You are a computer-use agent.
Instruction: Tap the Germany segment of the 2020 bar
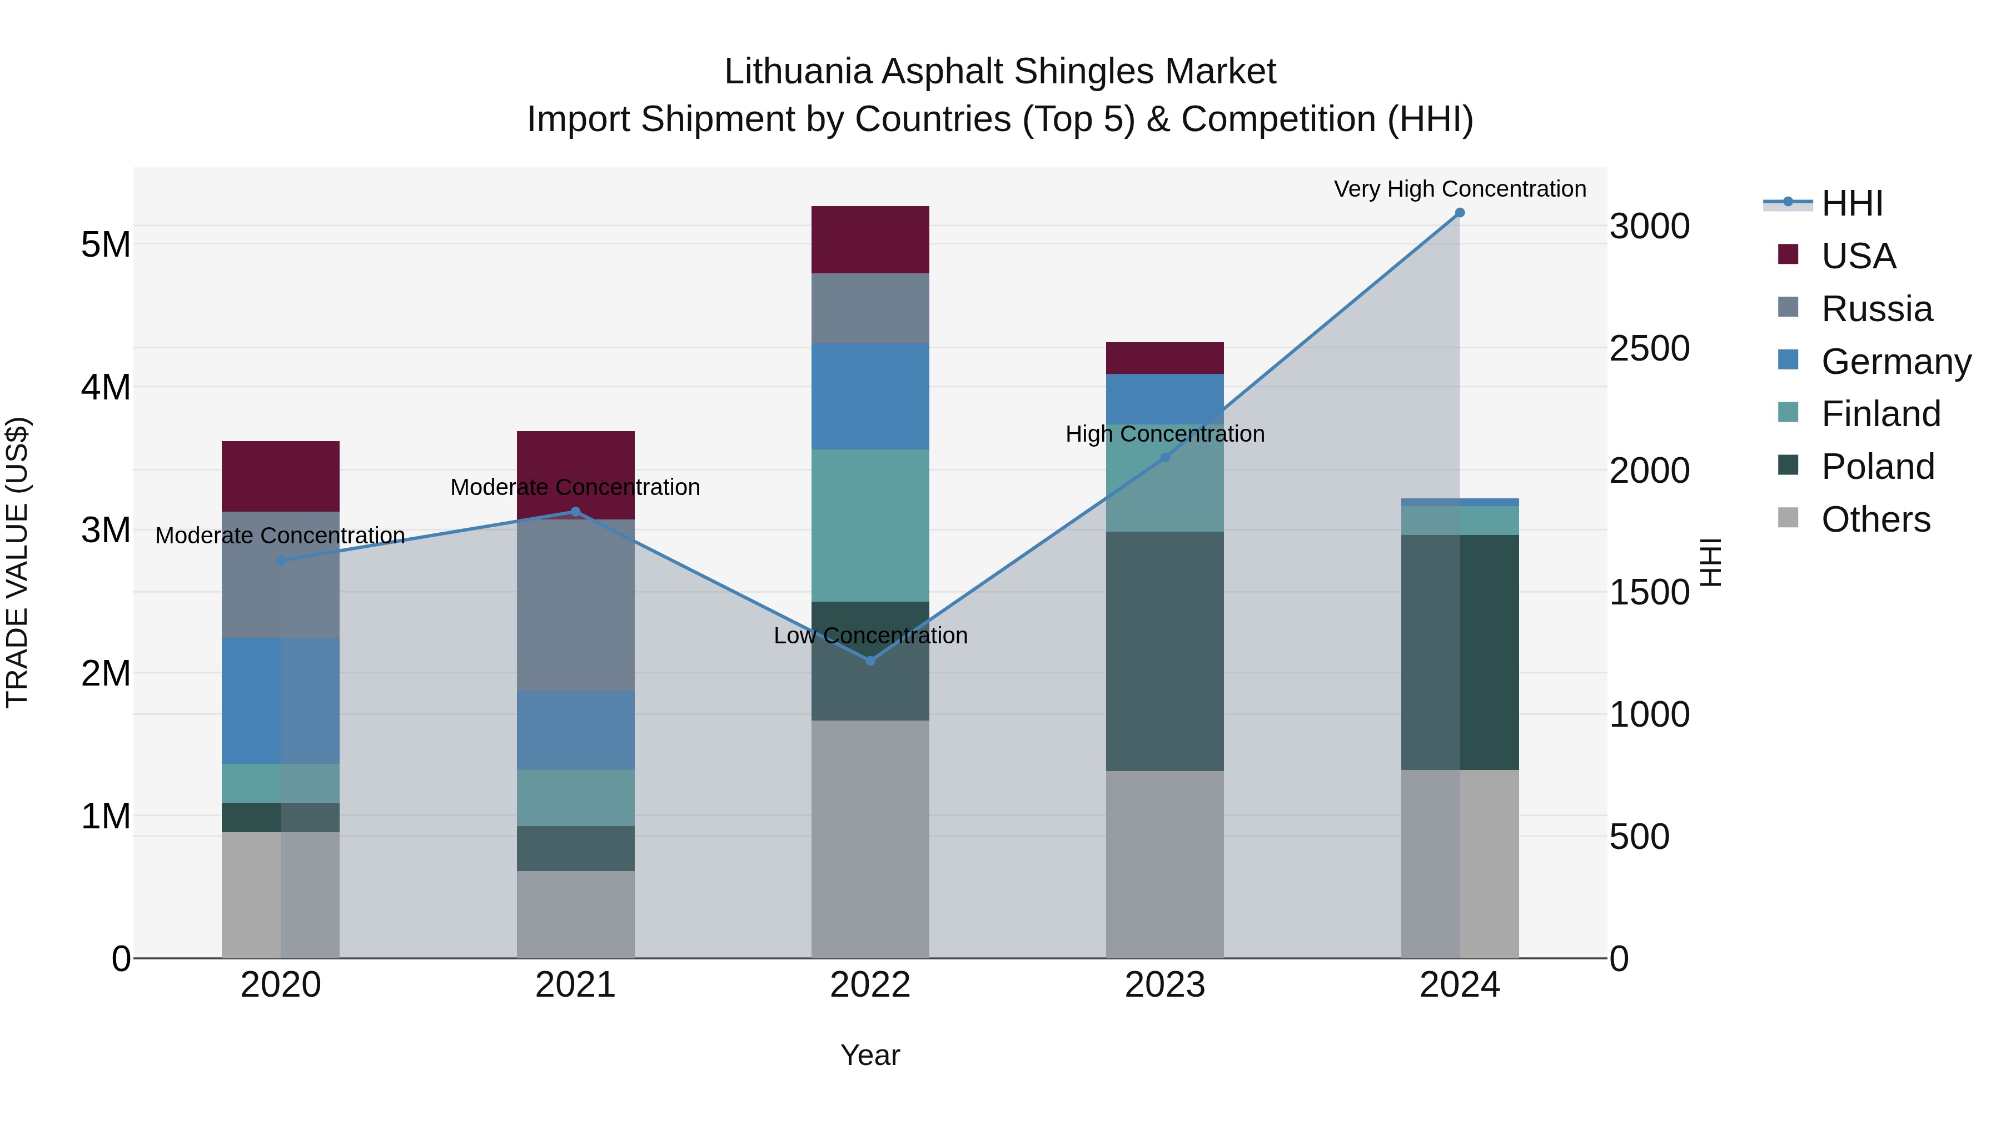click(x=281, y=701)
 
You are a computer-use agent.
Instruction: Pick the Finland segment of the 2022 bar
click(x=870, y=525)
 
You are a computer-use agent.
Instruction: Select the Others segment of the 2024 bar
click(x=1460, y=863)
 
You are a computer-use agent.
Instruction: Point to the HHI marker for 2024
click(x=1460, y=213)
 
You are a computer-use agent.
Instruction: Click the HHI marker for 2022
click(x=870, y=661)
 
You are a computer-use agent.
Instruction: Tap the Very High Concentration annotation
click(x=1460, y=189)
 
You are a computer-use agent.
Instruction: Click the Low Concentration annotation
click(x=870, y=635)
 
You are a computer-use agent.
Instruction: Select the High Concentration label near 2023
click(x=1164, y=433)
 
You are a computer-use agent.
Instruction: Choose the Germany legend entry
click(x=1895, y=361)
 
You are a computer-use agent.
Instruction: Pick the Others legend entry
click(x=1875, y=519)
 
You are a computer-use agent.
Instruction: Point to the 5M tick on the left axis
click(x=106, y=244)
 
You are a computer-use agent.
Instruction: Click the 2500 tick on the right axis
click(x=1649, y=348)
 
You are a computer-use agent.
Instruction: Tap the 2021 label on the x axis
click(x=576, y=984)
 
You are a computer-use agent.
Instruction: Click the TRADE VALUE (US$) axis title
click(x=17, y=562)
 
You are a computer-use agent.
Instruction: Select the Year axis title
click(x=870, y=1055)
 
